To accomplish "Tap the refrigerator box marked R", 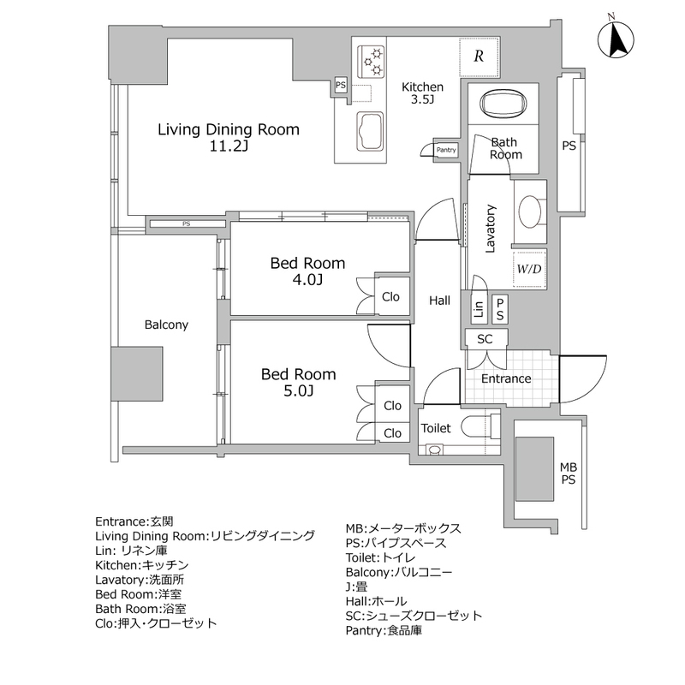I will tap(479, 57).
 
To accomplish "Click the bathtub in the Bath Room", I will tap(503, 104).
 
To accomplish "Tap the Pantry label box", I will tap(447, 150).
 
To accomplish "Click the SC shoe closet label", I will tap(485, 339).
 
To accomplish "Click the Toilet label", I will tap(436, 427).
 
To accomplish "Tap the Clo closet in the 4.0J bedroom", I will tap(390, 297).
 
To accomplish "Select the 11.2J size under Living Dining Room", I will tap(227, 147).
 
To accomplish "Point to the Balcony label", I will tap(166, 325).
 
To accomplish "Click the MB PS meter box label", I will tap(568, 473).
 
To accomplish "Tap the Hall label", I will tap(440, 300).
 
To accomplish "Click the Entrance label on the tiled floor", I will tap(505, 378).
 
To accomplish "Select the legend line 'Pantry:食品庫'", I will tap(384, 631).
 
